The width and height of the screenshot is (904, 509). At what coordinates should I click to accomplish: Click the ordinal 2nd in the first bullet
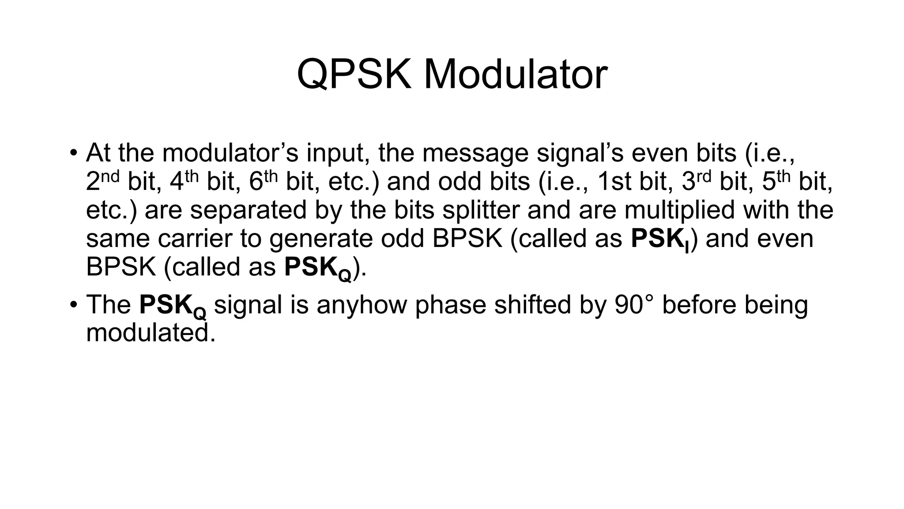pyautogui.click(x=102, y=181)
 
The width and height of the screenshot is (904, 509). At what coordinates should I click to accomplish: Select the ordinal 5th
pyautogui.click(x=776, y=181)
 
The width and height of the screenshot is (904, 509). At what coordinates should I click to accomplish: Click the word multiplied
pyautogui.click(x=679, y=210)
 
